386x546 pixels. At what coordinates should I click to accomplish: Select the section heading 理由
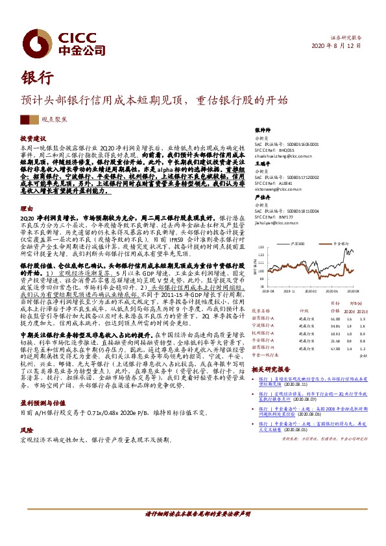pos(26,208)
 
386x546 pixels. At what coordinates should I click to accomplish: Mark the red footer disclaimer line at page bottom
pos(196,531)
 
